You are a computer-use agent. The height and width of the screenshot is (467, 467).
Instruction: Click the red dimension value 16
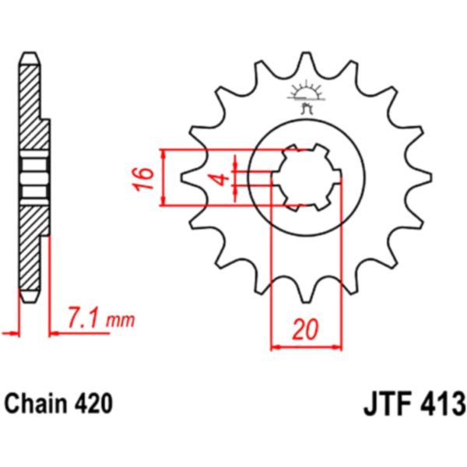tap(143, 179)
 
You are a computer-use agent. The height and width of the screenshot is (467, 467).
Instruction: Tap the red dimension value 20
tap(305, 330)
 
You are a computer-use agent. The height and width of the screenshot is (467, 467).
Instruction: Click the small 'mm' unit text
tap(121, 321)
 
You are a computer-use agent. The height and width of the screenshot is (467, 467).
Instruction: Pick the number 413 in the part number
tap(443, 404)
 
